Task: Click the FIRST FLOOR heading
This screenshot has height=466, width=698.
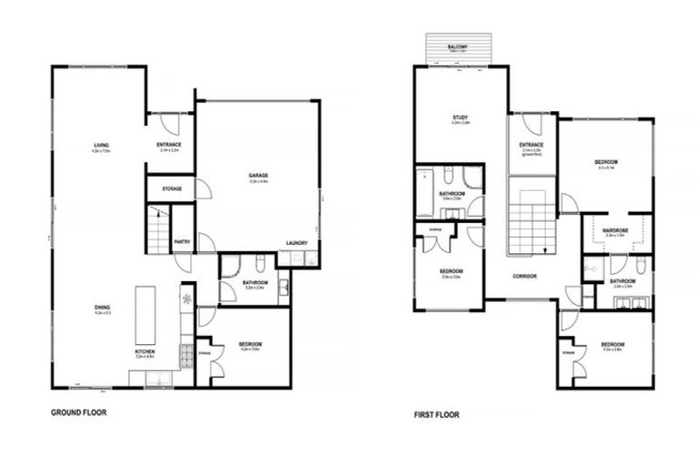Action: [x=436, y=415]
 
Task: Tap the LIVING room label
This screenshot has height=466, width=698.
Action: [x=100, y=146]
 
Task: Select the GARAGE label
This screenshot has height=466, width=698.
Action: [x=258, y=176]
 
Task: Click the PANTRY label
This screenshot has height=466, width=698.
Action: [x=183, y=242]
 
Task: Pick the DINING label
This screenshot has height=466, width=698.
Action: [x=102, y=308]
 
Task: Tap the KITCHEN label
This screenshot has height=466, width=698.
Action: [x=145, y=351]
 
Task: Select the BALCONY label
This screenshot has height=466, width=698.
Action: [x=457, y=47]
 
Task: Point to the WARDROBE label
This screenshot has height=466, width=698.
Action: [x=615, y=230]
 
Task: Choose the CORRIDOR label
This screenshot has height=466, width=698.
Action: [x=524, y=276]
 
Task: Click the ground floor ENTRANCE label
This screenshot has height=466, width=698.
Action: [x=169, y=145]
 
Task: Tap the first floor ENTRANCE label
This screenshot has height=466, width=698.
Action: [x=531, y=145]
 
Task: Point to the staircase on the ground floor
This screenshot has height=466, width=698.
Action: [x=158, y=229]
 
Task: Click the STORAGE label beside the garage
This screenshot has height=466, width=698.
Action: [x=172, y=188]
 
